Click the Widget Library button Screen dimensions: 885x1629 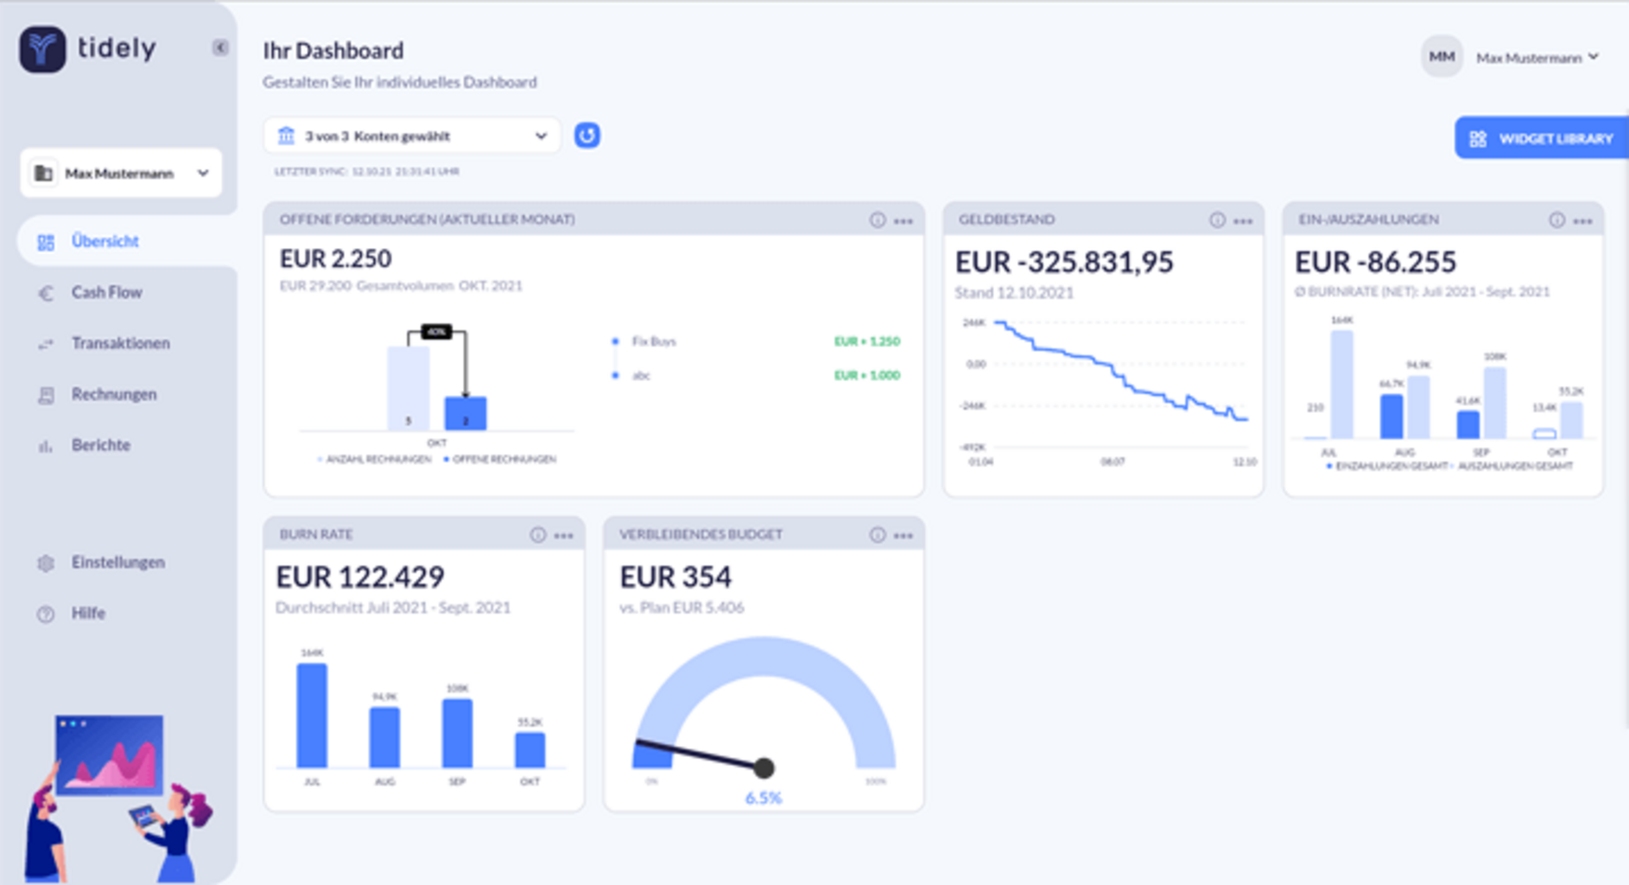click(1543, 138)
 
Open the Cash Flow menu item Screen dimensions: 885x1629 click(105, 293)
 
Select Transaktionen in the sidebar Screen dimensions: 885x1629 click(119, 344)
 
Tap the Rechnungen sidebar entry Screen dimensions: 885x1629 click(113, 395)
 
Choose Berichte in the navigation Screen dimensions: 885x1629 click(100, 446)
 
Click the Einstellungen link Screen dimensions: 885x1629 click(117, 563)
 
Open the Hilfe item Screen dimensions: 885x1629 click(88, 614)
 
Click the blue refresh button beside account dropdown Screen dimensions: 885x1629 click(587, 136)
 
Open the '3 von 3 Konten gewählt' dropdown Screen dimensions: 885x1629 click(412, 136)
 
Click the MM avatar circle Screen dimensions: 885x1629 click(1441, 57)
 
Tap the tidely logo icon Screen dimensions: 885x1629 click(42, 48)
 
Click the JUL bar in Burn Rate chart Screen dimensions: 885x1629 click(312, 716)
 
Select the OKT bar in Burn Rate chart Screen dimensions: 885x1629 click(529, 750)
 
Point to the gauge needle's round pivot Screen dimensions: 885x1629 click(764, 767)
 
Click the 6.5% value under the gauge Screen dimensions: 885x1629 click(764, 798)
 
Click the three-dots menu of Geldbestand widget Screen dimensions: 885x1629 click(1243, 221)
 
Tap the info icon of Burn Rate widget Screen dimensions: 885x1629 click(537, 536)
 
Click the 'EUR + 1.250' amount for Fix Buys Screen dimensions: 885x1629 click(866, 341)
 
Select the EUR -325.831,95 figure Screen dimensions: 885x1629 click(1064, 262)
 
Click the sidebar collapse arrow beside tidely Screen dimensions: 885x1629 click(220, 48)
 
